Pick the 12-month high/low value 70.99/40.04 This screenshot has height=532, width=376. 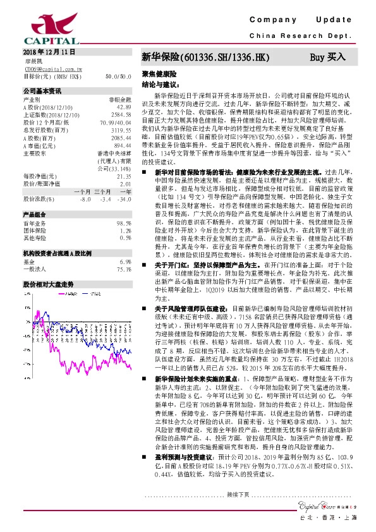point(116,122)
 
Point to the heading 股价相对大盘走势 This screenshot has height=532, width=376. point(44,284)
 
